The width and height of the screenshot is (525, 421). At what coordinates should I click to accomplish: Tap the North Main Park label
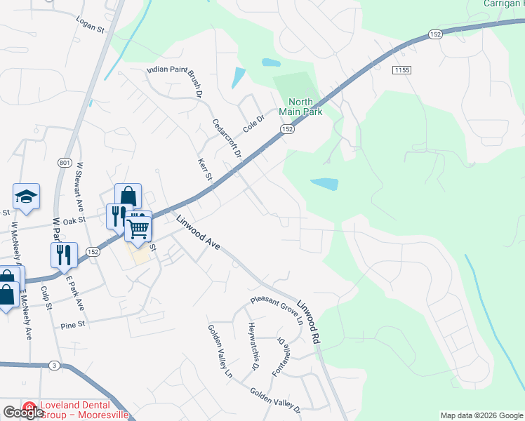click(300, 106)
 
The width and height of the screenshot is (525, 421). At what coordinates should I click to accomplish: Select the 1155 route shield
click(401, 70)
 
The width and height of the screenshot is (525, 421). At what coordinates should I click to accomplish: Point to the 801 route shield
click(65, 163)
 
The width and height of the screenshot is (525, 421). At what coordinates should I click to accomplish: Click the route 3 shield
click(54, 366)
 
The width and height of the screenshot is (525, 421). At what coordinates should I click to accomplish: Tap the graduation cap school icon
click(26, 197)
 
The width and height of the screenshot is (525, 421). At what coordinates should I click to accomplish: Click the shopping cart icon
click(139, 228)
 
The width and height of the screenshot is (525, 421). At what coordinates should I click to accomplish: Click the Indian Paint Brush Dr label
click(175, 81)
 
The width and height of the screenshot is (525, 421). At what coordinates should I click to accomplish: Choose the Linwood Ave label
click(199, 232)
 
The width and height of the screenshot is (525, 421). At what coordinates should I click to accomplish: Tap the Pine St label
click(72, 325)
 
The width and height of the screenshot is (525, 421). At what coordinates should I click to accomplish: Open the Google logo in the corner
click(24, 412)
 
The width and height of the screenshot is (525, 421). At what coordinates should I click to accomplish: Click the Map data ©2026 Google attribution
click(481, 415)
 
